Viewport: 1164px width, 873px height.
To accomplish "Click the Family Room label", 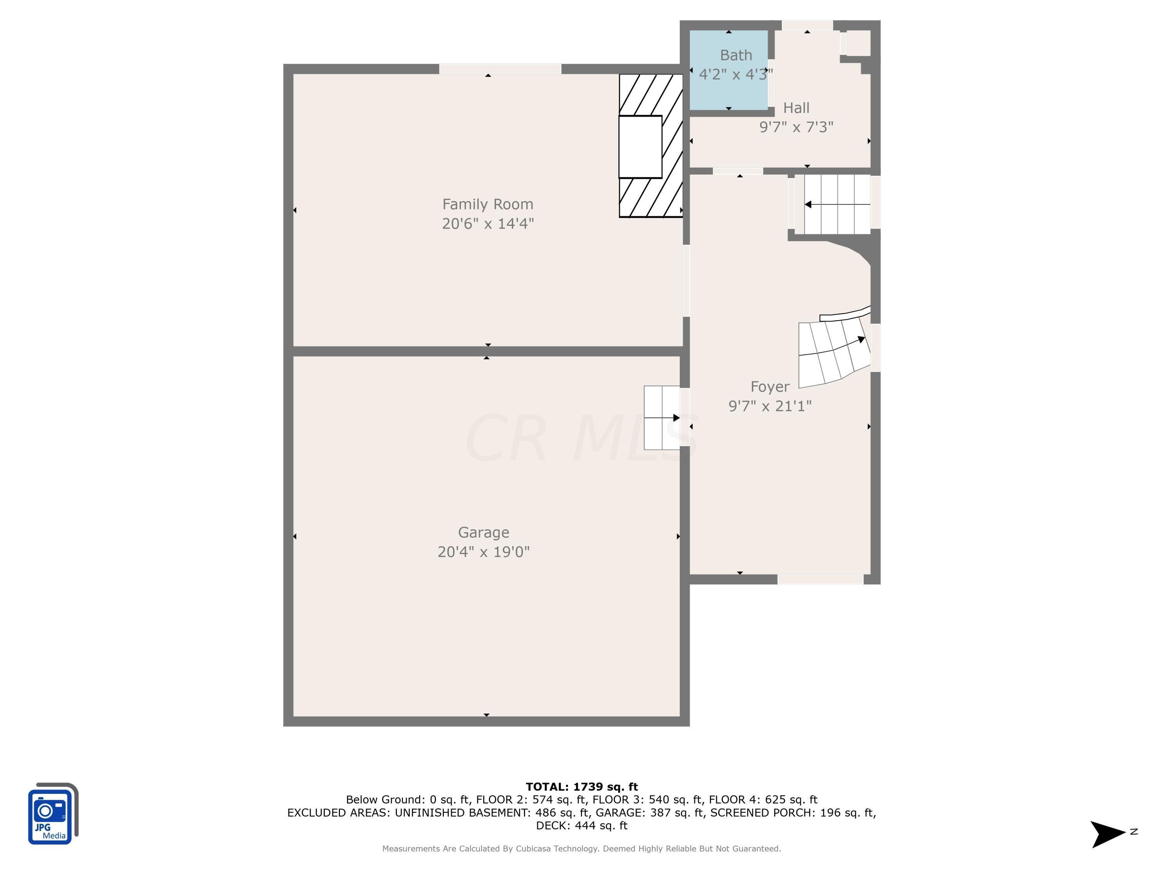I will pyautogui.click(x=487, y=204).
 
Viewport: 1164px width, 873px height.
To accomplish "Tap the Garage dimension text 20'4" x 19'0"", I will pyautogui.click(x=483, y=551).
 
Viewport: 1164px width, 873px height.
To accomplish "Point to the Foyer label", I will pyautogui.click(x=770, y=387).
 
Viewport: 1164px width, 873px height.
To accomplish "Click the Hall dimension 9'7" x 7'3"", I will pyautogui.click(x=796, y=127).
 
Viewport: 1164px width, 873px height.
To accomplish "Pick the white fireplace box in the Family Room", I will pyautogui.click(x=640, y=147).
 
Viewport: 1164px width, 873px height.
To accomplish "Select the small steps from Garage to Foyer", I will pyautogui.click(x=662, y=418).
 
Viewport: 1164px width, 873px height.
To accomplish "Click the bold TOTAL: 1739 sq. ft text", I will pyautogui.click(x=582, y=787).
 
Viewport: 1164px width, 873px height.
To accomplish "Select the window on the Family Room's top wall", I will pyautogui.click(x=500, y=69).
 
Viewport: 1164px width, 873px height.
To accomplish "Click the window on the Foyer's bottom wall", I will pyautogui.click(x=820, y=579).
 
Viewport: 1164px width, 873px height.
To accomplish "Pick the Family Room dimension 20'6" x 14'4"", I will pyautogui.click(x=488, y=223).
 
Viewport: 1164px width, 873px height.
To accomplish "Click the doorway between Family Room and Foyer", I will pyautogui.click(x=686, y=281).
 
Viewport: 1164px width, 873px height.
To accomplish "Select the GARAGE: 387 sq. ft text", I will pyautogui.click(x=650, y=812).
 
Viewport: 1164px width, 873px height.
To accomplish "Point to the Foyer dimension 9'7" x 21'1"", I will pyautogui.click(x=770, y=406).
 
